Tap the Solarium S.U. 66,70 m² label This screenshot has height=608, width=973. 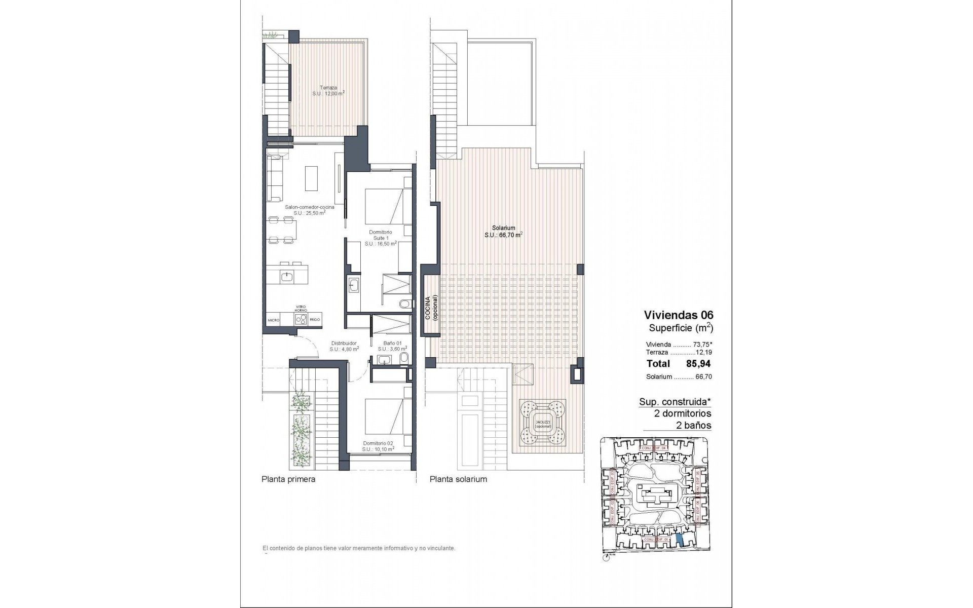[x=503, y=231]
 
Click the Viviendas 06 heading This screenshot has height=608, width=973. [x=678, y=315]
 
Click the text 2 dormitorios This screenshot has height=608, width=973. [x=683, y=413]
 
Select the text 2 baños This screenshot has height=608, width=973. [x=693, y=426]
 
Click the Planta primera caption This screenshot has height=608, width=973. [x=288, y=479]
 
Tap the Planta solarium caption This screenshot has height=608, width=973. [x=458, y=479]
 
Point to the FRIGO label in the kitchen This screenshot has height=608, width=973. [x=315, y=320]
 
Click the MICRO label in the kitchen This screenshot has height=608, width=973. [x=274, y=320]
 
